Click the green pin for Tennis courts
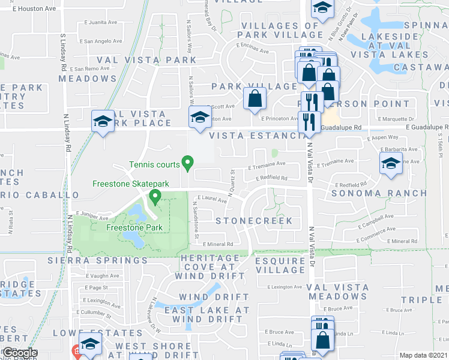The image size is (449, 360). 187,163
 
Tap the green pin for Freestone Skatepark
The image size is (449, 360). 155,196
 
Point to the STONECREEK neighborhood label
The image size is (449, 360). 254,221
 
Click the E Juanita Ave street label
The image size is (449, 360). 102,22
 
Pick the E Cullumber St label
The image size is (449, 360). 93,313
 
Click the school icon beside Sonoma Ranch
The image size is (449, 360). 390,164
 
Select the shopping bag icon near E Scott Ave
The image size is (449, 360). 255,98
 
